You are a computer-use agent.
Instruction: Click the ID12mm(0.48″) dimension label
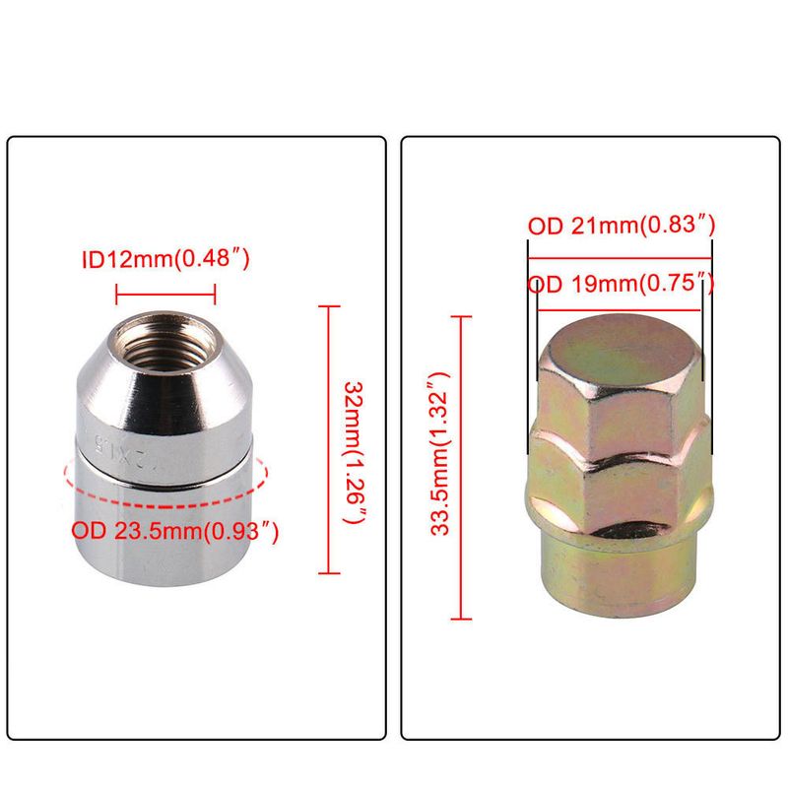(x=165, y=259)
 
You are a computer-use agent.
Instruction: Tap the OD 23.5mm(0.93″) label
(x=174, y=531)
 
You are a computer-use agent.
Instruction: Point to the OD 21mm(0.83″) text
(x=622, y=226)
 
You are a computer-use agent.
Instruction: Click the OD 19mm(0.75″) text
(x=622, y=284)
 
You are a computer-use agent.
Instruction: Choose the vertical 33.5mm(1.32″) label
(x=440, y=454)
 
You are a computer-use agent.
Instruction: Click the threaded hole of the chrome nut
(x=165, y=342)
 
